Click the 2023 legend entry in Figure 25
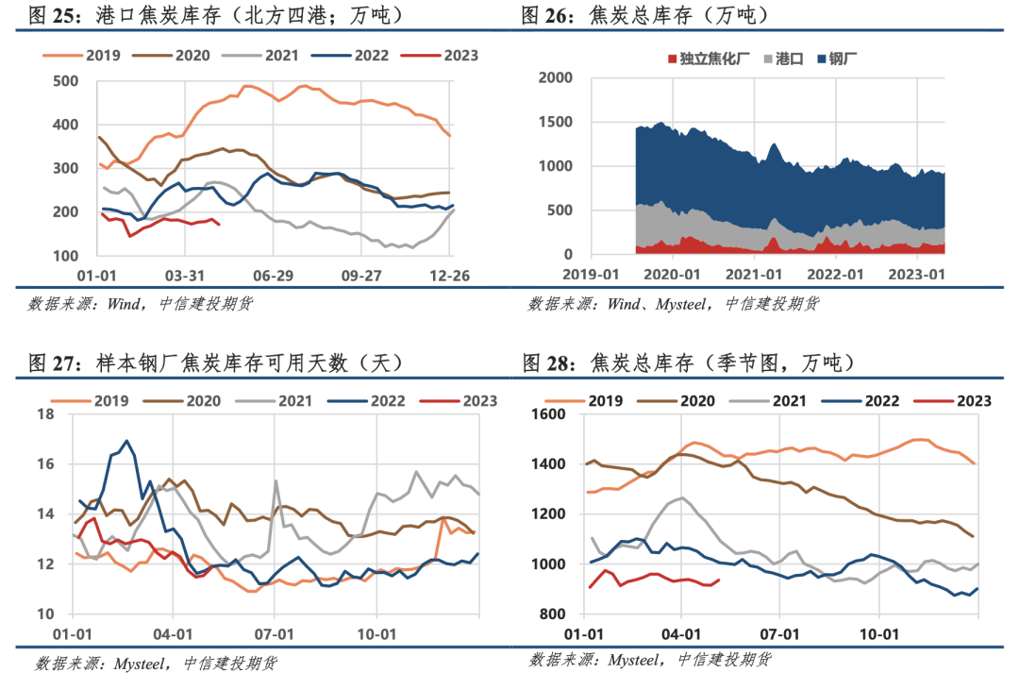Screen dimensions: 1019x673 pyautogui.click(x=440, y=56)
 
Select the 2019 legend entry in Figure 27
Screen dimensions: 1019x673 pyautogui.click(x=90, y=401)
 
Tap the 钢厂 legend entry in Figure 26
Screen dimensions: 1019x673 pyautogui.click(x=837, y=59)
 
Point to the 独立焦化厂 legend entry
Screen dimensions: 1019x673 pyautogui.click(x=709, y=59)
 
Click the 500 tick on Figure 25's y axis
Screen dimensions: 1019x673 pyautogui.click(x=65, y=81)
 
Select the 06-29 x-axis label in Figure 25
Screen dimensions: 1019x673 pyautogui.click(x=273, y=276)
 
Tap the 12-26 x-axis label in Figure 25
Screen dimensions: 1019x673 pyautogui.click(x=450, y=276)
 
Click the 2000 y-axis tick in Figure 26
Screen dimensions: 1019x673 pyautogui.click(x=556, y=78)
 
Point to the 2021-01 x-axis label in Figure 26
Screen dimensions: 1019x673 pyautogui.click(x=754, y=275)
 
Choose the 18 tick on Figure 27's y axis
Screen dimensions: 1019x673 pyautogui.click(x=45, y=414)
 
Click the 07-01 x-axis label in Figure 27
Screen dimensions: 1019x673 pyautogui.click(x=275, y=634)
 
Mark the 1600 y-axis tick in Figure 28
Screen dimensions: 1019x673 pyautogui.click(x=548, y=414)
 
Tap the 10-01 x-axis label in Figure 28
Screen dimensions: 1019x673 pyautogui.click(x=879, y=634)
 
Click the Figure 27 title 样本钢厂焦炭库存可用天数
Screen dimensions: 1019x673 pyautogui.click(x=223, y=362)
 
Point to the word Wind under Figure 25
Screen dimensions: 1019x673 pyautogui.click(x=124, y=304)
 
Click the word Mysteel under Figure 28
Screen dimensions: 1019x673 pyautogui.click(x=634, y=660)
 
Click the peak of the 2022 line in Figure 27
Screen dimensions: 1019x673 pyautogui.click(x=126, y=440)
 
